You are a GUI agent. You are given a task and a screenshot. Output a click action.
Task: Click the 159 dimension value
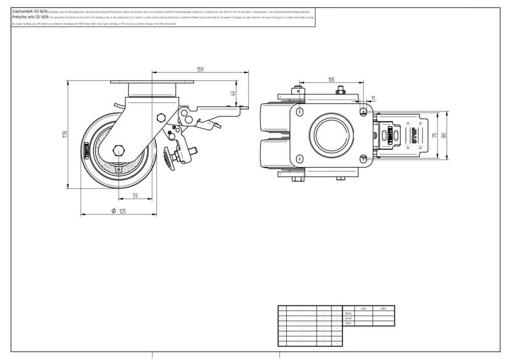click(x=200, y=69)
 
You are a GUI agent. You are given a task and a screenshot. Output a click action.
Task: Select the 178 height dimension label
click(x=65, y=134)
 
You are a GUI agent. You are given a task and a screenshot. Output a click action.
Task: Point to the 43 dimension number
click(x=233, y=94)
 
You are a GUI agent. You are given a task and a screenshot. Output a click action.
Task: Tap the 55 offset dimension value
click(x=135, y=195)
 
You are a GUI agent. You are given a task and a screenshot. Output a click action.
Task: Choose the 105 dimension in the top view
click(x=331, y=80)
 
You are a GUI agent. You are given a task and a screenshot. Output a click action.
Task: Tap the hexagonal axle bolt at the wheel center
click(x=119, y=150)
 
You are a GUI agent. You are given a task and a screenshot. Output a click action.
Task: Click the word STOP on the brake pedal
click(x=414, y=135)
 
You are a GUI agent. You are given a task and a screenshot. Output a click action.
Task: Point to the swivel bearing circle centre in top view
click(x=330, y=136)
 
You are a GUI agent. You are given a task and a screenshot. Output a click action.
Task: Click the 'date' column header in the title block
click(x=363, y=308)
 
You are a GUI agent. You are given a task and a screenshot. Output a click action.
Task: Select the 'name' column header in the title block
click(x=384, y=308)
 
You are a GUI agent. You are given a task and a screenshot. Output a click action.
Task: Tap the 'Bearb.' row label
click(x=349, y=313)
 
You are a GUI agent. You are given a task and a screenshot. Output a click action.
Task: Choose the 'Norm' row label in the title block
click(x=349, y=323)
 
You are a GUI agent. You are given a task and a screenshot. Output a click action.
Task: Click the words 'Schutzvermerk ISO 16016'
click(x=30, y=11)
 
